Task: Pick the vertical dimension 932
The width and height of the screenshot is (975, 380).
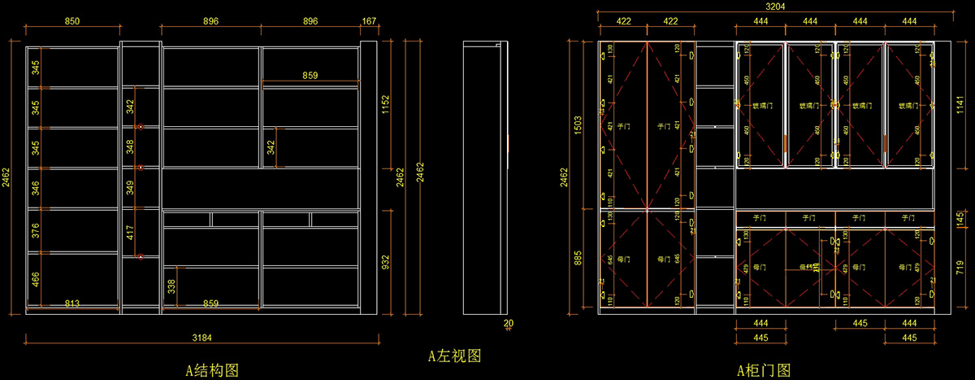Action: pyautogui.click(x=385, y=262)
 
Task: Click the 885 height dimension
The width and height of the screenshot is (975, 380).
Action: pyautogui.click(x=578, y=260)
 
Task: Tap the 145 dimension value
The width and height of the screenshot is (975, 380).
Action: pyautogui.click(x=960, y=218)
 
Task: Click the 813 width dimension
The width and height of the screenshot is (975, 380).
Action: pyautogui.click(x=72, y=304)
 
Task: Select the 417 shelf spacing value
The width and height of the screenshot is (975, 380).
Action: pyautogui.click(x=130, y=234)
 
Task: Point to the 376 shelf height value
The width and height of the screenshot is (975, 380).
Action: pyautogui.click(x=35, y=231)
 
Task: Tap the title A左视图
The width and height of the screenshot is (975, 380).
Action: pyautogui.click(x=456, y=356)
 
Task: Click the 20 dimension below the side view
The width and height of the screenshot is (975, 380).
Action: pyautogui.click(x=509, y=323)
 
